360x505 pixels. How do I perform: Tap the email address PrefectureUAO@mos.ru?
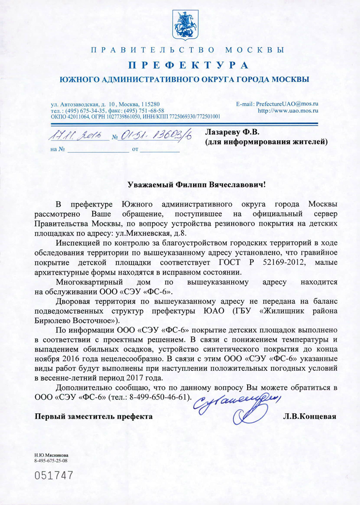277,105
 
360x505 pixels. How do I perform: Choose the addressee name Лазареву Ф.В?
231,132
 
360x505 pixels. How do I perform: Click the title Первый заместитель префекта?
93,416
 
